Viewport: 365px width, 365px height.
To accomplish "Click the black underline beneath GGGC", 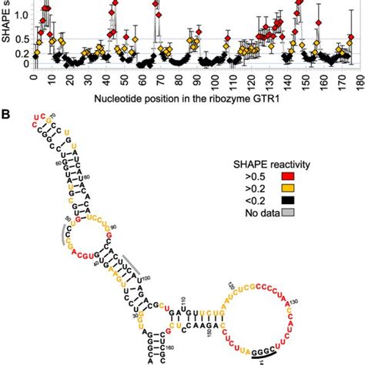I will (x=266, y=356).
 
